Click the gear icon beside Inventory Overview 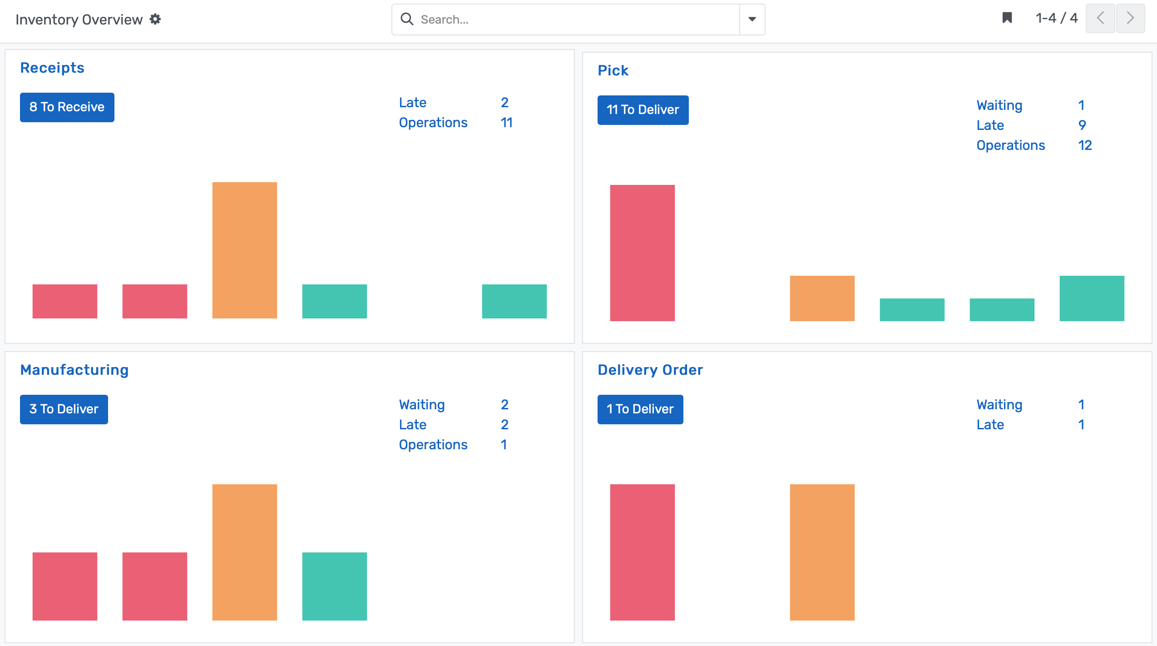pos(155,19)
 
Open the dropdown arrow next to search pos(752,20)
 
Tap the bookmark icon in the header pos(1007,18)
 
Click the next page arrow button pos(1130,18)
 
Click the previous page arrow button pos(1100,18)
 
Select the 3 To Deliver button pos(64,409)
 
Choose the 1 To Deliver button pos(640,409)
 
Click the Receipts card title pos(52,68)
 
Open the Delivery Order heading pos(650,370)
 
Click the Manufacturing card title pos(74,370)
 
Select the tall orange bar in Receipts pos(244,250)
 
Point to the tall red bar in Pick pos(642,253)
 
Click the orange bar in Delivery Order pos(822,552)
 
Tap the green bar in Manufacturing pos(334,586)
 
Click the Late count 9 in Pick pos(1082,125)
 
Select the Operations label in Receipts pos(433,123)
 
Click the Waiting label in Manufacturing pos(421,404)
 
